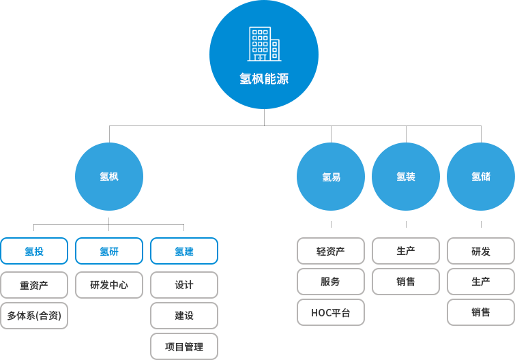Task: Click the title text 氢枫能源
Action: pyautogui.click(x=264, y=79)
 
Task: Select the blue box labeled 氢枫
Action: pyautogui.click(x=108, y=176)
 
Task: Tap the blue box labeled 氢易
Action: pyautogui.click(x=331, y=176)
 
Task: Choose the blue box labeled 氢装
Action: pyautogui.click(x=406, y=176)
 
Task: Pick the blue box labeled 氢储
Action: pyautogui.click(x=480, y=176)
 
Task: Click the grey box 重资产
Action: pyautogui.click(x=34, y=284)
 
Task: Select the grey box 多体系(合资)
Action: pyautogui.click(x=34, y=316)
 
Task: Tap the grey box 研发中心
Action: pyautogui.click(x=108, y=284)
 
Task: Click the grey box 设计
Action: pyautogui.click(x=184, y=284)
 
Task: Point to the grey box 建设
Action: pyautogui.click(x=184, y=316)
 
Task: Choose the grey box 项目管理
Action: pyautogui.click(x=184, y=346)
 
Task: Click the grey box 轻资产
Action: pyautogui.click(x=331, y=251)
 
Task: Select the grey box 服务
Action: pyautogui.click(x=331, y=281)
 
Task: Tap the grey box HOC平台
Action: pyautogui.click(x=331, y=312)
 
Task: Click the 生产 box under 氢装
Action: pyautogui.click(x=406, y=251)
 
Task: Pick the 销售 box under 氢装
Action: pyautogui.click(x=406, y=281)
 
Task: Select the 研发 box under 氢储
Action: pyautogui.click(x=480, y=251)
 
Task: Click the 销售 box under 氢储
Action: pyautogui.click(x=480, y=312)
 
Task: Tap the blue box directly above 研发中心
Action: pyautogui.click(x=108, y=251)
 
